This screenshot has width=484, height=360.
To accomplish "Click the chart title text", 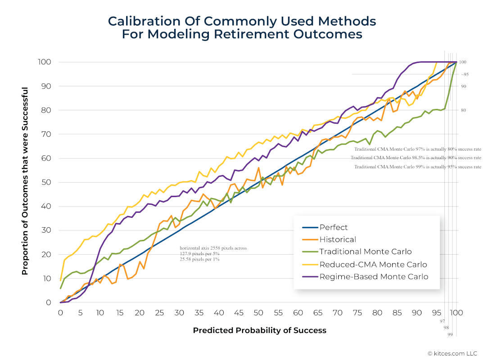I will pyautogui.click(x=242, y=27).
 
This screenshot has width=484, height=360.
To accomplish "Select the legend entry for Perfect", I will pyautogui.click(x=333, y=227).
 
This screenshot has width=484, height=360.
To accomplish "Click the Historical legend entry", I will pyautogui.click(x=337, y=239).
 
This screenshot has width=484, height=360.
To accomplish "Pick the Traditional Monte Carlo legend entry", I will pyautogui.click(x=365, y=252).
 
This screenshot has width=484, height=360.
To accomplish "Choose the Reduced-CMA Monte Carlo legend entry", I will pyautogui.click(x=373, y=264).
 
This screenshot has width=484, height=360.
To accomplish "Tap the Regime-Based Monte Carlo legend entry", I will pyautogui.click(x=374, y=276).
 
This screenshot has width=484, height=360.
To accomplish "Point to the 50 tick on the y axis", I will pyautogui.click(x=46, y=182).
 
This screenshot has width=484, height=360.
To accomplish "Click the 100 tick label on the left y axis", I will pyautogui.click(x=45, y=62).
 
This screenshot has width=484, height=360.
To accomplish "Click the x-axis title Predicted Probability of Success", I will pyautogui.click(x=259, y=330).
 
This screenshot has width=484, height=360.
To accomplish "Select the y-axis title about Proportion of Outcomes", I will pyautogui.click(x=25, y=181).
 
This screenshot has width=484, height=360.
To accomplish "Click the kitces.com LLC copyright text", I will pyautogui.click(x=452, y=354).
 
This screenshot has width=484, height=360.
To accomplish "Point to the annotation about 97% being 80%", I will pyautogui.click(x=417, y=149).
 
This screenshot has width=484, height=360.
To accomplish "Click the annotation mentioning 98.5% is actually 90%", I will pyautogui.click(x=416, y=158).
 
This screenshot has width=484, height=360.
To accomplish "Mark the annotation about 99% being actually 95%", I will pyautogui.click(x=417, y=167).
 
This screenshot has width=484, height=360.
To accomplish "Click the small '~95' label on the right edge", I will pyautogui.click(x=465, y=74).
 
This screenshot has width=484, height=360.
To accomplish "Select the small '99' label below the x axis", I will pyautogui.click(x=450, y=335).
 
